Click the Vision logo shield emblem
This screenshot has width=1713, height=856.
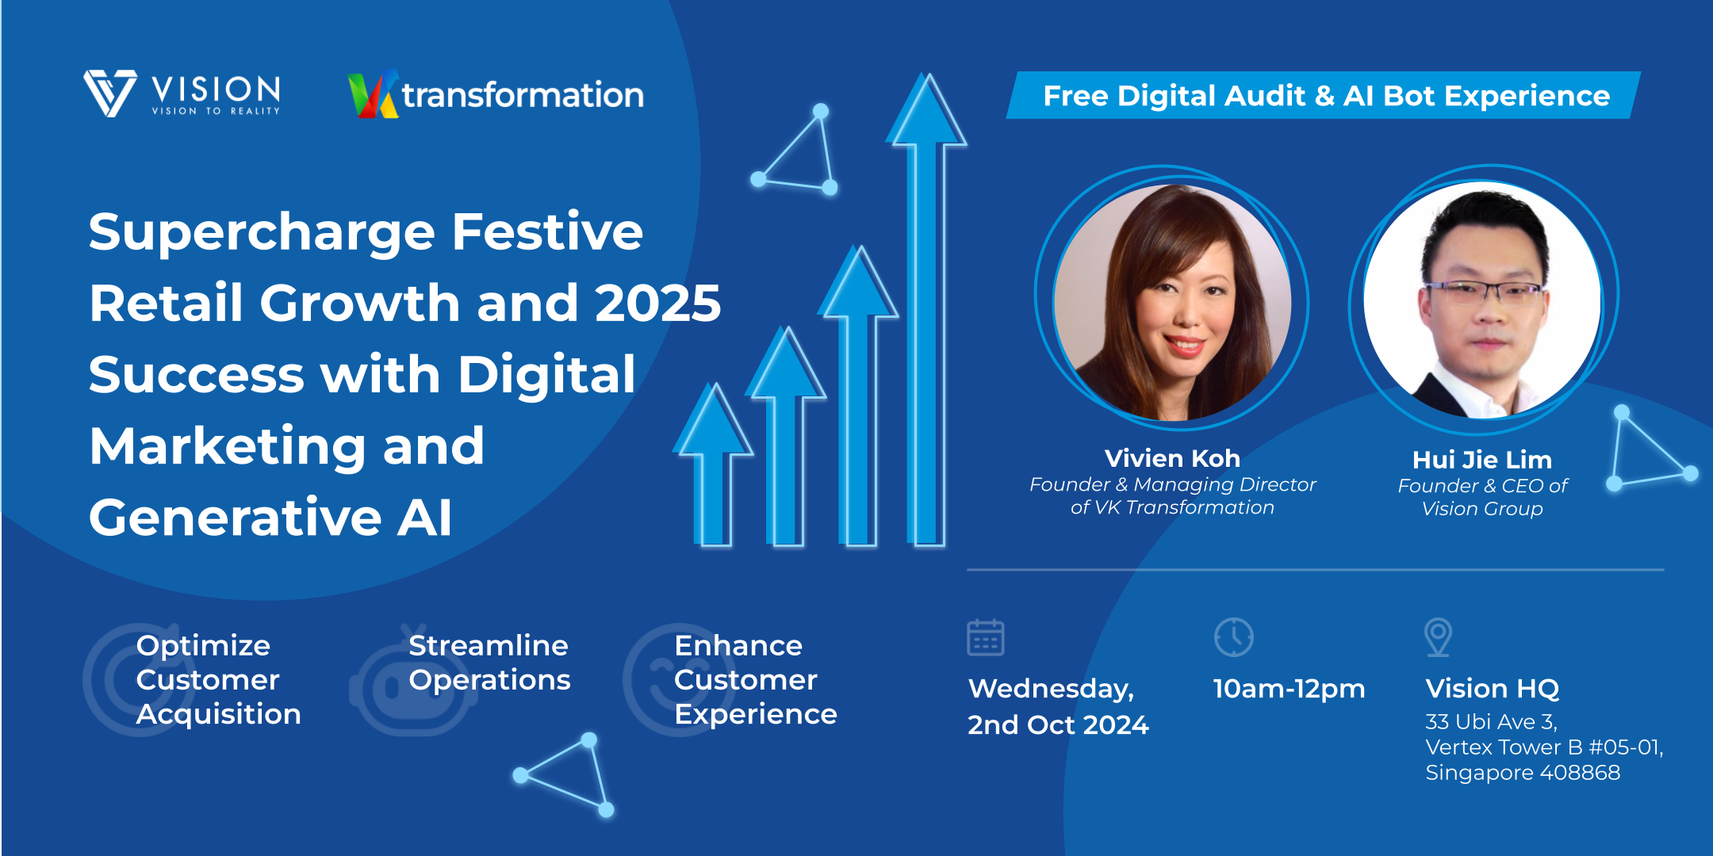[x=110, y=94]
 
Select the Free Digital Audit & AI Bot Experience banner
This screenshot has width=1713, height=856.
[x=1323, y=95]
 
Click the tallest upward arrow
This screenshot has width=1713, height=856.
[x=925, y=309]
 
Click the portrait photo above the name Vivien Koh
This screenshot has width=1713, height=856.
[x=1172, y=302]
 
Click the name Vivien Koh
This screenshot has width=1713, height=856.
[x=1172, y=458]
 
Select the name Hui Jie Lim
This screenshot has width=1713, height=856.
[x=1482, y=460]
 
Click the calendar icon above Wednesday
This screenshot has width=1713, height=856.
[x=986, y=637]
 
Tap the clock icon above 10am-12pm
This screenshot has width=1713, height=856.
[x=1233, y=637]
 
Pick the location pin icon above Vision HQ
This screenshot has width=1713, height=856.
[x=1438, y=637]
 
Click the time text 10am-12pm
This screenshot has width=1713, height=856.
[x=1290, y=689]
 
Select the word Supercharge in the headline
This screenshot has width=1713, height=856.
[x=262, y=233]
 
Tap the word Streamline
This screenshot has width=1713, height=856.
[x=489, y=645]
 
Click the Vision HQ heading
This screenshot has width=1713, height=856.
[x=1493, y=688]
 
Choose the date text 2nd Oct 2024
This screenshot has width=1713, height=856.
[x=1058, y=724]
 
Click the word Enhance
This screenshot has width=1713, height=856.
[x=738, y=645]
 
